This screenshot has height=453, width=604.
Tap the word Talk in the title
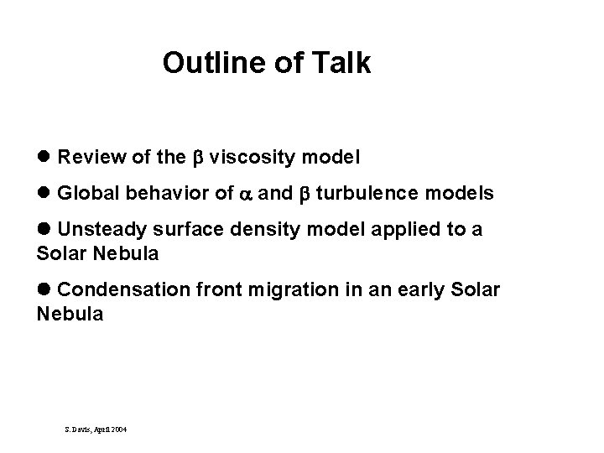coord(339,64)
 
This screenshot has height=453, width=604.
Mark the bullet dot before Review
coord(44,157)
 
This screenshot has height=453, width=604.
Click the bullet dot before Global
coord(44,194)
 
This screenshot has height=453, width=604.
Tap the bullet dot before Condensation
coord(44,289)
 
